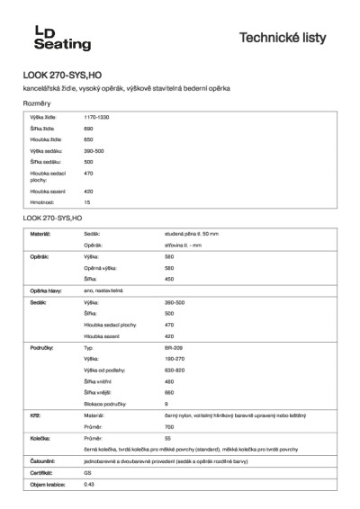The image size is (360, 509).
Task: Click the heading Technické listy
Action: tap(289, 38)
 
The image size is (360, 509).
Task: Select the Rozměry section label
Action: tap(37, 104)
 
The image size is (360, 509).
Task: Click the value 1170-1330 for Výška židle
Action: tap(96, 118)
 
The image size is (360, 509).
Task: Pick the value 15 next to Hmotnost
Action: tap(86, 203)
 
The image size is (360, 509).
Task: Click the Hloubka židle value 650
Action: tap(88, 139)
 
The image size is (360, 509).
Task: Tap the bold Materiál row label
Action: tap(40, 233)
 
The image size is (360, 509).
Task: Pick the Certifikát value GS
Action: tap(87, 471)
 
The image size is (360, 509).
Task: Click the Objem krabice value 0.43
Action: tap(89, 483)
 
